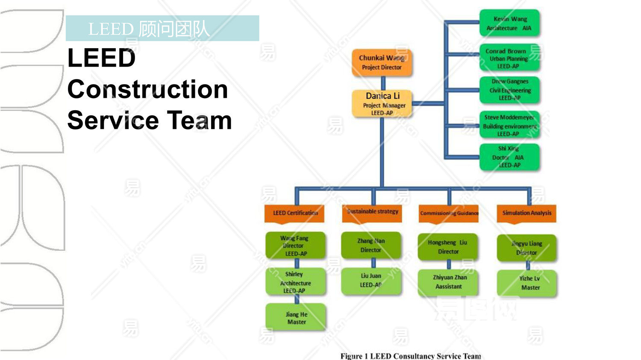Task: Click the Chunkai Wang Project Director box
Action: (x=382, y=62)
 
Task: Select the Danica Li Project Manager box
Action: (x=382, y=103)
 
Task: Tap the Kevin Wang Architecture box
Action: (x=509, y=23)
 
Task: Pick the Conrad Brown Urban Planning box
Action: (x=509, y=58)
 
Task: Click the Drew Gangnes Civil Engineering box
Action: (x=509, y=90)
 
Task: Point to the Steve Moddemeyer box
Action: (x=509, y=125)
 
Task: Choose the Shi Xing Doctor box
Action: (x=509, y=157)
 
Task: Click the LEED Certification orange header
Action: (x=295, y=213)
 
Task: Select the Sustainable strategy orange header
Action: (x=372, y=212)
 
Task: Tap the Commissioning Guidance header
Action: (x=449, y=213)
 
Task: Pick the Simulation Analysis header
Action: (x=526, y=213)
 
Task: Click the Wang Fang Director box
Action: (x=295, y=246)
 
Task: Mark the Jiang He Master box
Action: (x=296, y=318)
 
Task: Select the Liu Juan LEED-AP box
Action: (x=371, y=281)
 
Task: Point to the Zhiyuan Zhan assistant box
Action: (x=449, y=282)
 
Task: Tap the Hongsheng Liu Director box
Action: (x=448, y=247)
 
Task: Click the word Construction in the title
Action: (x=147, y=89)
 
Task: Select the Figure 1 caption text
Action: (x=410, y=356)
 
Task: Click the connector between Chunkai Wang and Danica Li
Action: (x=383, y=83)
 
